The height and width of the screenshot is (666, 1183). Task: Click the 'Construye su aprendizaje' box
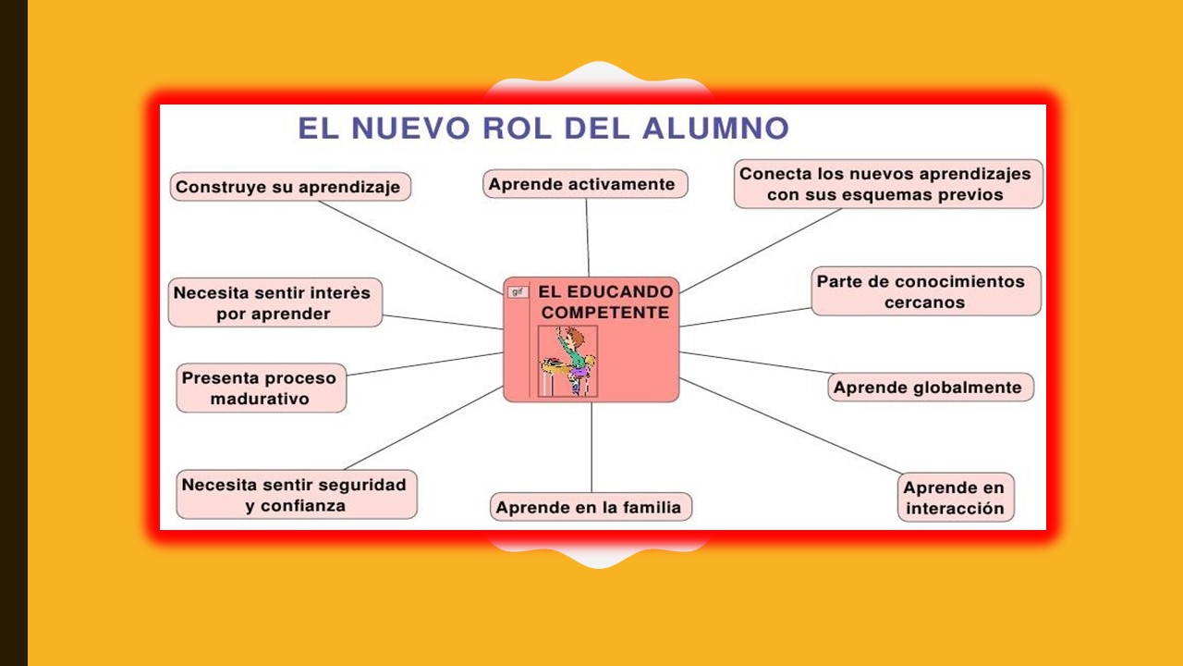tap(290, 187)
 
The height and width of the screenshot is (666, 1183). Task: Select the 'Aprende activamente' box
tap(585, 184)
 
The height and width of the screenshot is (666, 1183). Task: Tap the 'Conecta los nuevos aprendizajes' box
tap(888, 184)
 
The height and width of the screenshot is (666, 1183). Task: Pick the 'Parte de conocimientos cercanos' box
tap(926, 291)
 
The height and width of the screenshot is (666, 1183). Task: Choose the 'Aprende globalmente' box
tap(930, 388)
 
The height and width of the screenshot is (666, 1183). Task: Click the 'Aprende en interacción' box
tap(955, 498)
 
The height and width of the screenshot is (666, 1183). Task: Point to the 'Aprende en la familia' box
tap(591, 507)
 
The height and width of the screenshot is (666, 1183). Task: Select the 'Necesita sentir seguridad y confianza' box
tap(296, 495)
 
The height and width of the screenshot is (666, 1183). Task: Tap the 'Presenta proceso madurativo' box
tap(261, 388)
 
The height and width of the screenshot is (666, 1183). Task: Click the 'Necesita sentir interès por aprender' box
tap(274, 303)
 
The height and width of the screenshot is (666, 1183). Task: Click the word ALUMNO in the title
tap(715, 129)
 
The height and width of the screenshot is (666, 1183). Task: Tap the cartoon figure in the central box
tap(568, 362)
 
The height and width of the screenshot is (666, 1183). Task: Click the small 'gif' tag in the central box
tap(518, 292)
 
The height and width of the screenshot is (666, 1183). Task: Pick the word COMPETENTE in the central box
tap(605, 314)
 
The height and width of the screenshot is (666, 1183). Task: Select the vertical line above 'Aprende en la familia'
tap(591, 449)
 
